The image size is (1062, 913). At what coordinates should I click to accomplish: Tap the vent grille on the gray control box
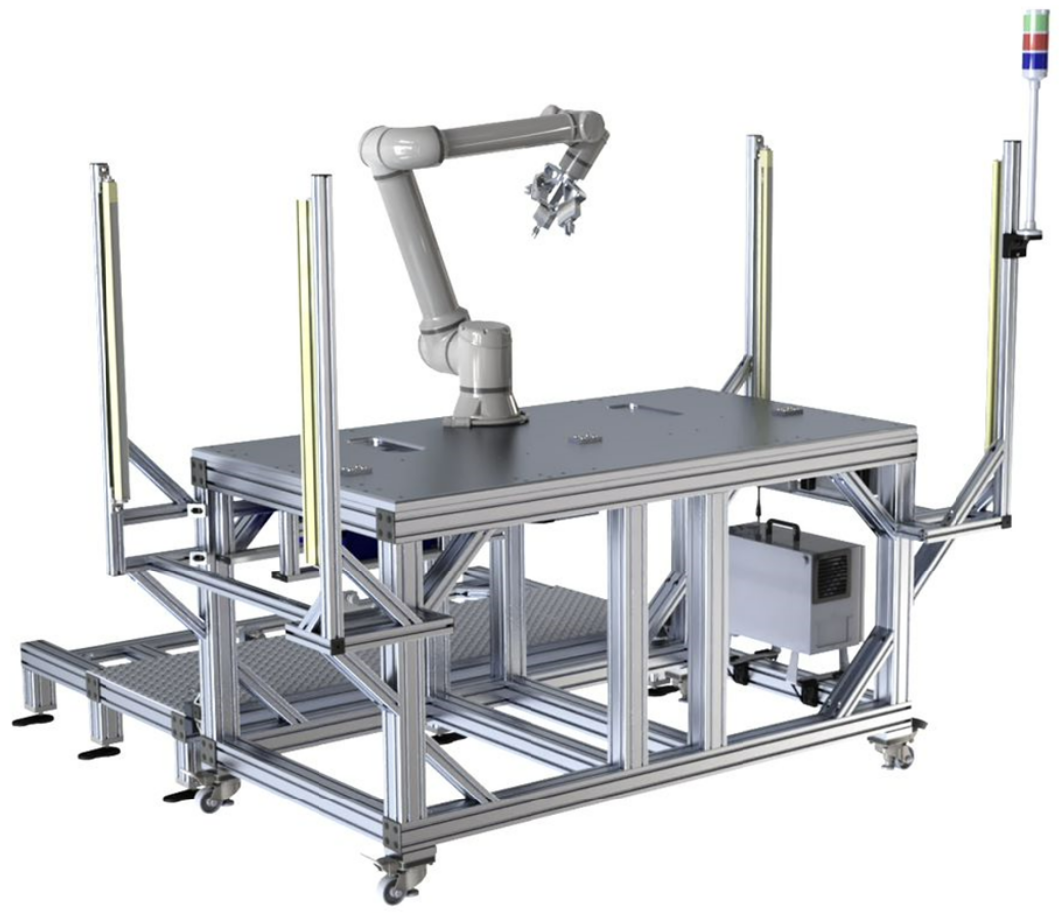point(832,576)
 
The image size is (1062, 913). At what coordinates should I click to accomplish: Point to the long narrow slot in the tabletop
point(644,408)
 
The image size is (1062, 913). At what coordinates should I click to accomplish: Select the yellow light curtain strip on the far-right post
point(993,299)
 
